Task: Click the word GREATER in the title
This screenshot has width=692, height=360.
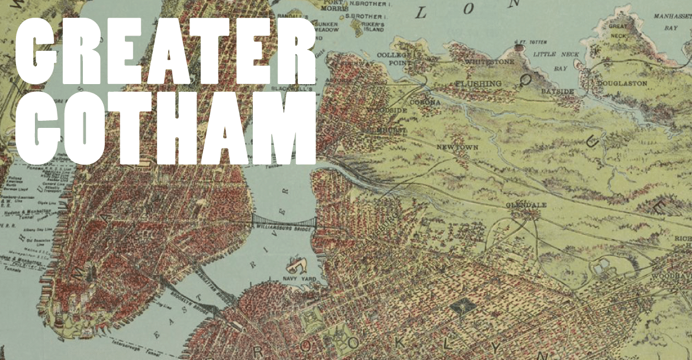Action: pyautogui.click(x=166, y=54)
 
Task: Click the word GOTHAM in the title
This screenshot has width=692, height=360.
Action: pyautogui.click(x=166, y=127)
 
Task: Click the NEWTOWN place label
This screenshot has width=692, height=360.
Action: pyautogui.click(x=456, y=147)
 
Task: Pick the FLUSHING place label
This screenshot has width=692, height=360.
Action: pyautogui.click(x=478, y=84)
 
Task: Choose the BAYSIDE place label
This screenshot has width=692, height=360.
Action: pyautogui.click(x=558, y=92)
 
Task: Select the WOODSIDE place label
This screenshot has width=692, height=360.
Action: pyautogui.click(x=386, y=110)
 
